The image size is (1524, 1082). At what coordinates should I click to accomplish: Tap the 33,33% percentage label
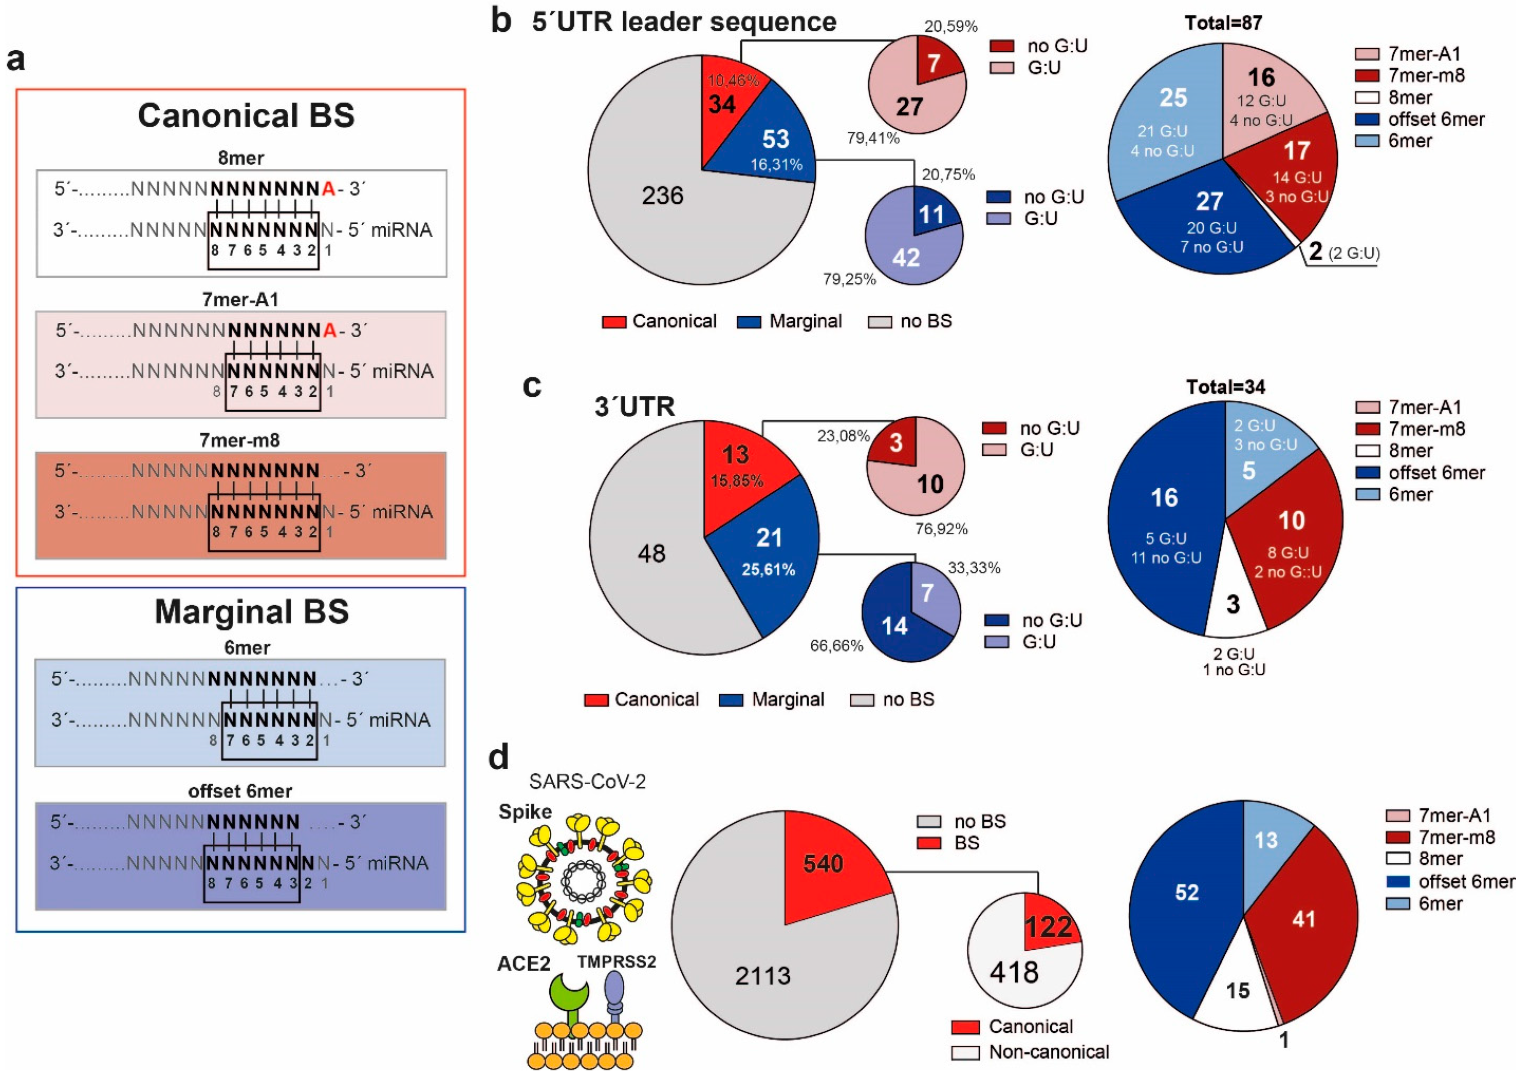(974, 568)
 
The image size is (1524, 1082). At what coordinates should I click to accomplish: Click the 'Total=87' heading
(1224, 23)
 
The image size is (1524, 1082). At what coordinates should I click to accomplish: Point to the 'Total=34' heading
(1226, 386)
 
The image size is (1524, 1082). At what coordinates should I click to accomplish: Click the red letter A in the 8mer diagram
(328, 189)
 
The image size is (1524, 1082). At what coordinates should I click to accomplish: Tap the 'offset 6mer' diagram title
(240, 791)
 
